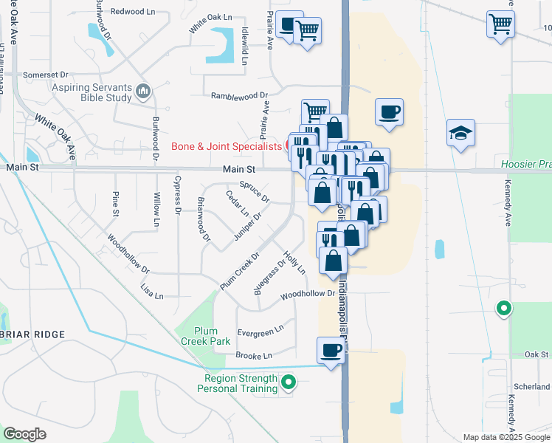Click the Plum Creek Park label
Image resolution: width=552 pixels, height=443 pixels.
213,336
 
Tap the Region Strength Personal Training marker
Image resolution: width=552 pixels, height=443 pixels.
289,382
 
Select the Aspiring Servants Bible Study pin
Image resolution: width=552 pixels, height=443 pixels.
143,92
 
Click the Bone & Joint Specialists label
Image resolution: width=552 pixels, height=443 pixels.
227,146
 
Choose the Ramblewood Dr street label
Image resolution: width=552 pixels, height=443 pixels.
238,96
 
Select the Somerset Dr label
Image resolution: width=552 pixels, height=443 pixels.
45,75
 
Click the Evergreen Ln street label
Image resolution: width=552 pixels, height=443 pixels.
260,329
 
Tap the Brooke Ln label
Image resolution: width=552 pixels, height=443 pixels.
254,356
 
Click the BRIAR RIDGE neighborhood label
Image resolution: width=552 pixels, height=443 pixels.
32,334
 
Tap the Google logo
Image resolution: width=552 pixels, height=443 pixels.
24,434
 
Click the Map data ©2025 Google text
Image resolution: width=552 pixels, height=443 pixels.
506,437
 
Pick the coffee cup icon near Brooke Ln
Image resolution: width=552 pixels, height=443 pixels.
331,350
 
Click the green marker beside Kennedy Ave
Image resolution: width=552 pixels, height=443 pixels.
504,308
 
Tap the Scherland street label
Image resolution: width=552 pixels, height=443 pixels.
536,387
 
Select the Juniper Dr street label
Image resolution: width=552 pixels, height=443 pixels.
248,224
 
